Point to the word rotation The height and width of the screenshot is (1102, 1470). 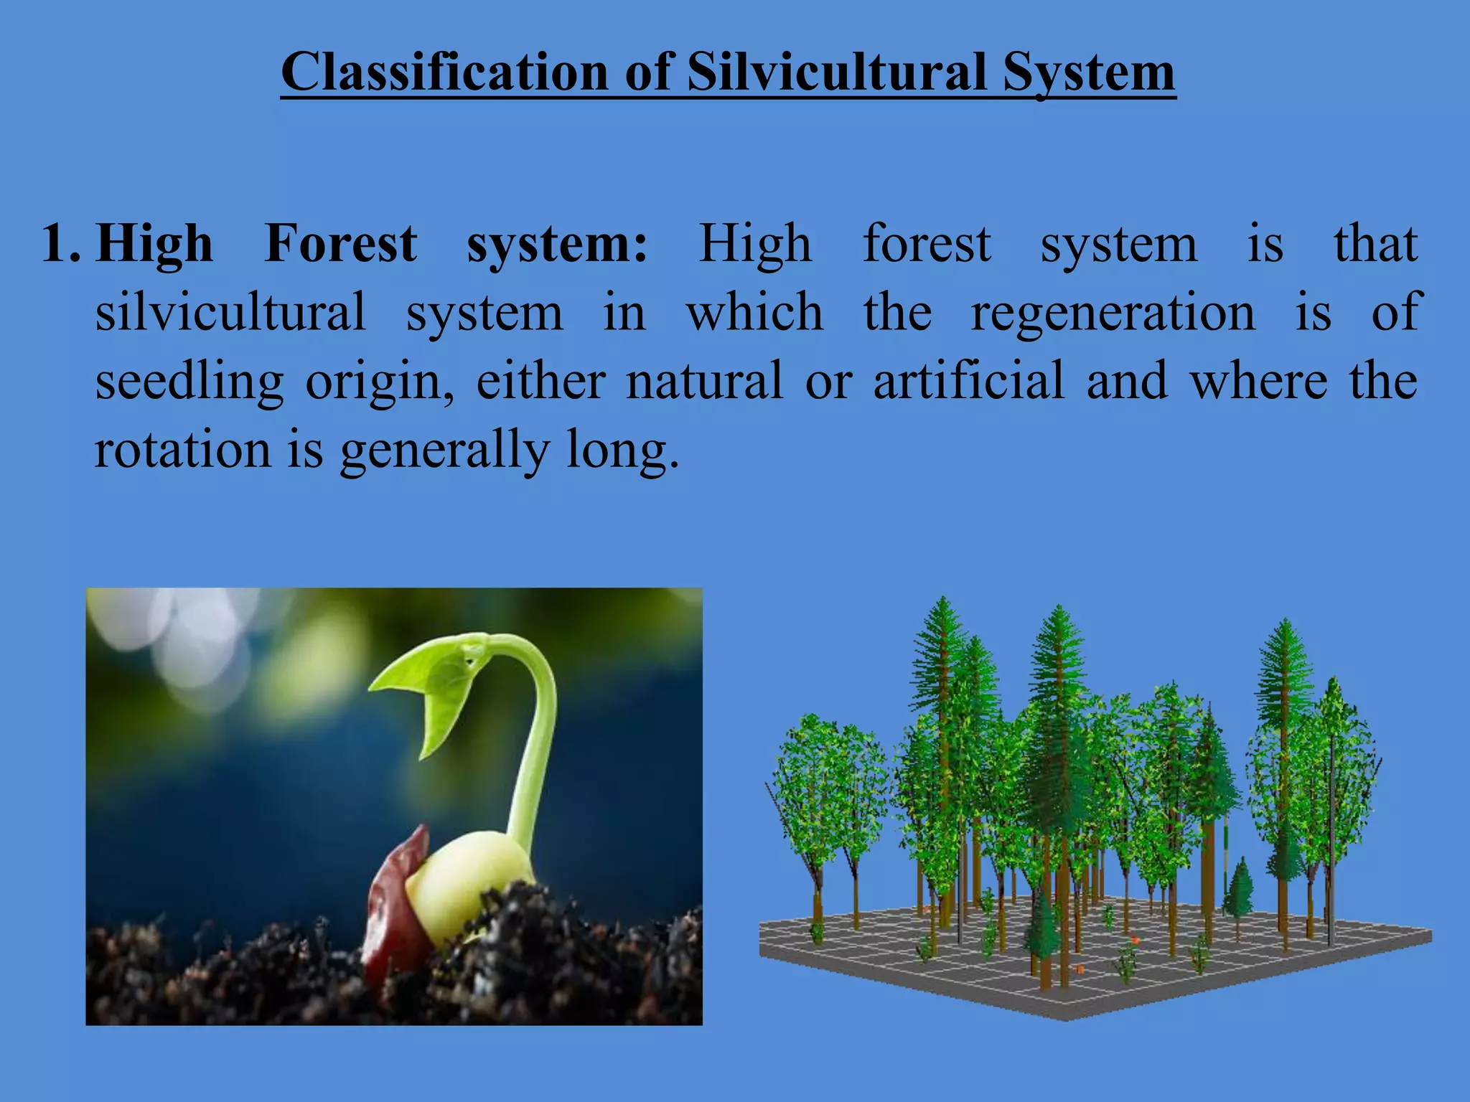182,451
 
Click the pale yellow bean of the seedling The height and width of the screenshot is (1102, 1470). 467,882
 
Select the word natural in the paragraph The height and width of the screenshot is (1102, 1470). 704,381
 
